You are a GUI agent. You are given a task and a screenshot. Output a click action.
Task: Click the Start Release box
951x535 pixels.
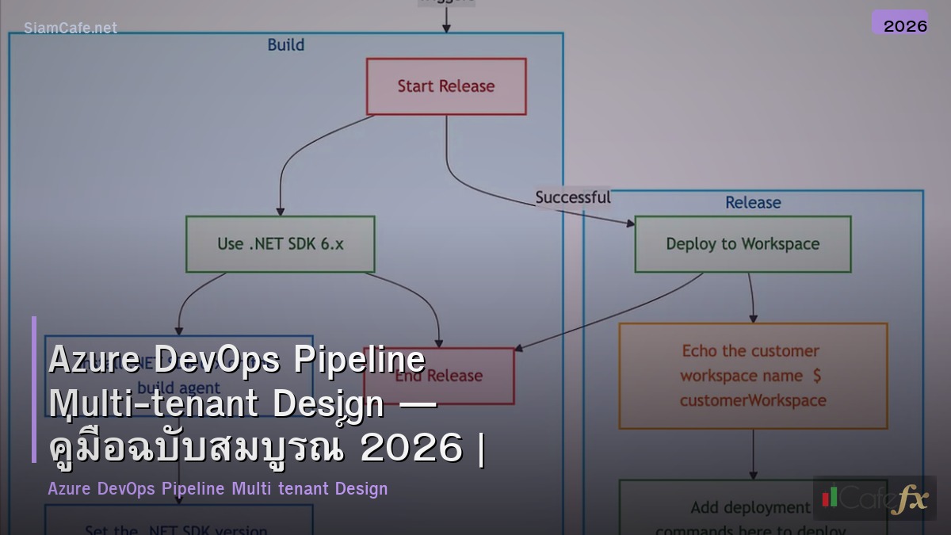tap(445, 86)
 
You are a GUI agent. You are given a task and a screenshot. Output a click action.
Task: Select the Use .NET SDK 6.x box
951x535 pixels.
tap(280, 244)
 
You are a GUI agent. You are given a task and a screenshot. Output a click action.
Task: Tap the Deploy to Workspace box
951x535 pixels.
tap(743, 244)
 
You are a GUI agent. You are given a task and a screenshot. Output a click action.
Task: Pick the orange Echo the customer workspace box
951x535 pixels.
tap(752, 376)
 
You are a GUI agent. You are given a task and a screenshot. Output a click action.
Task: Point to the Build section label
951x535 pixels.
tap(285, 45)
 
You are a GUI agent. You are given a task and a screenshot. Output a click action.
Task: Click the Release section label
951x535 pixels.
tap(752, 203)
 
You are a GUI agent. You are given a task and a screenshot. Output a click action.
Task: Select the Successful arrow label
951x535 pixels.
tap(572, 197)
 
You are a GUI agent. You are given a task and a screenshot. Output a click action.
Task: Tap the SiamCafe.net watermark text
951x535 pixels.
tap(71, 28)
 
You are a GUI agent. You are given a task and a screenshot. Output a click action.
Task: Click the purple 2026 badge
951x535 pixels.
tap(900, 24)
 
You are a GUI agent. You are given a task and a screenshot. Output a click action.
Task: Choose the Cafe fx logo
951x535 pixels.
tap(874, 499)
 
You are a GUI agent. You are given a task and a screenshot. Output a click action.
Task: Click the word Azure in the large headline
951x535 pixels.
tap(95, 361)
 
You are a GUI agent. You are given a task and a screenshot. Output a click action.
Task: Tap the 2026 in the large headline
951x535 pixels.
tap(411, 449)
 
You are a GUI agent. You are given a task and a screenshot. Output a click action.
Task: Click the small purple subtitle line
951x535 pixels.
tap(218, 488)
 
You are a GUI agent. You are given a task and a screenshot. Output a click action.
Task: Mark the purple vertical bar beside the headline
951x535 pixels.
tap(34, 389)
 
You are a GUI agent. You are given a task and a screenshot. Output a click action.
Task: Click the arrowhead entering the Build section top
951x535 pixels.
tap(446, 29)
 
